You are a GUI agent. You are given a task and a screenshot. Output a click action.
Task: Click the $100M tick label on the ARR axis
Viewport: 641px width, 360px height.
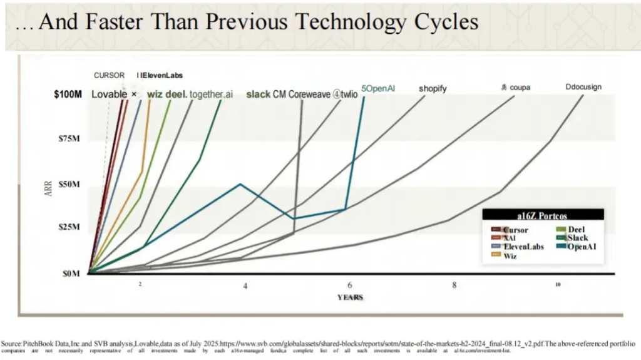coord(68,95)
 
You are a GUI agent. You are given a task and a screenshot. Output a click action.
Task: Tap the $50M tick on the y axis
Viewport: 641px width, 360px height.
coord(69,185)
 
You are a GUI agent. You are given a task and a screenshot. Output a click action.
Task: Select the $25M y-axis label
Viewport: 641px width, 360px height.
coord(69,227)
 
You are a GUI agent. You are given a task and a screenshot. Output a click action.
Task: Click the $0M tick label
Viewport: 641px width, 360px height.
coord(71,274)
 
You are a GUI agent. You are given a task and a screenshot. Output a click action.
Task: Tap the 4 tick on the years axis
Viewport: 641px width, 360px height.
coord(245,285)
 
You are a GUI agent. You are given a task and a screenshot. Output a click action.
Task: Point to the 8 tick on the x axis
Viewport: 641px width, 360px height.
coord(454,285)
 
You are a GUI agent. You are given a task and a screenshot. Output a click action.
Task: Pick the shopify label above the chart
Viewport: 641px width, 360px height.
coord(433,89)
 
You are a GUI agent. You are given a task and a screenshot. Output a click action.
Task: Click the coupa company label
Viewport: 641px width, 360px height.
coord(520,88)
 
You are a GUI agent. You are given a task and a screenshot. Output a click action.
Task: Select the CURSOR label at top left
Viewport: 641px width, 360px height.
coord(109,76)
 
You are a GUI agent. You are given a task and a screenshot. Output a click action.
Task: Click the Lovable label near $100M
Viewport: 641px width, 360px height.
coord(110,95)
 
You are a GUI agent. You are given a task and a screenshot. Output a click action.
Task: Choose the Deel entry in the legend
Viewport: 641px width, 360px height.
coord(576,230)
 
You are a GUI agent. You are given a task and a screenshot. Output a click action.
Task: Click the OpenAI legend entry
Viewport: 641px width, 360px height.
coord(580,247)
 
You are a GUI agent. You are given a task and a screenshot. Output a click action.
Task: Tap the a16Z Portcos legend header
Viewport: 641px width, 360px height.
coord(542,215)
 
